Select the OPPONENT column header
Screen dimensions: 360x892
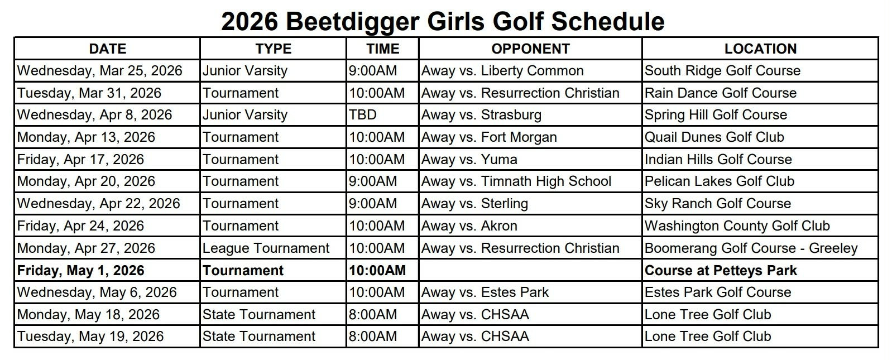click(530, 49)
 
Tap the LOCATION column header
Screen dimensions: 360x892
click(760, 49)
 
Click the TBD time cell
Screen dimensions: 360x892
click(363, 115)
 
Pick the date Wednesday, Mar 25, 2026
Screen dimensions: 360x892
click(100, 71)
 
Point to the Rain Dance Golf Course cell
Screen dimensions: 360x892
click(720, 93)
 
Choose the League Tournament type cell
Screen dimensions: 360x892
click(266, 248)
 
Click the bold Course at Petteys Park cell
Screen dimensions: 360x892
click(720, 270)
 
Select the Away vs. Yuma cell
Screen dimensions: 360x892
click(469, 159)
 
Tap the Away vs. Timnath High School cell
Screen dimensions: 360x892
click(516, 181)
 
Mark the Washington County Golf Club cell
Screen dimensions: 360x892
click(737, 225)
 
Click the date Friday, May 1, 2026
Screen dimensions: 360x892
click(81, 270)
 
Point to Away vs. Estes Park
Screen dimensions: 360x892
click(485, 292)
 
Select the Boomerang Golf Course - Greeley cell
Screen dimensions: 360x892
click(750, 248)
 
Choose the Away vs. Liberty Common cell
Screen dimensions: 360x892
click(502, 71)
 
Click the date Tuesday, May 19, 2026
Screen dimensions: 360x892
click(90, 336)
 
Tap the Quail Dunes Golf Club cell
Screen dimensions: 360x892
click(714, 137)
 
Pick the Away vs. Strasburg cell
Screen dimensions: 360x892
click(481, 115)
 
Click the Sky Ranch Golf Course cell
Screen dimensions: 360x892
click(717, 203)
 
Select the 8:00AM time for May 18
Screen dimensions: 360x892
click(373, 314)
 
